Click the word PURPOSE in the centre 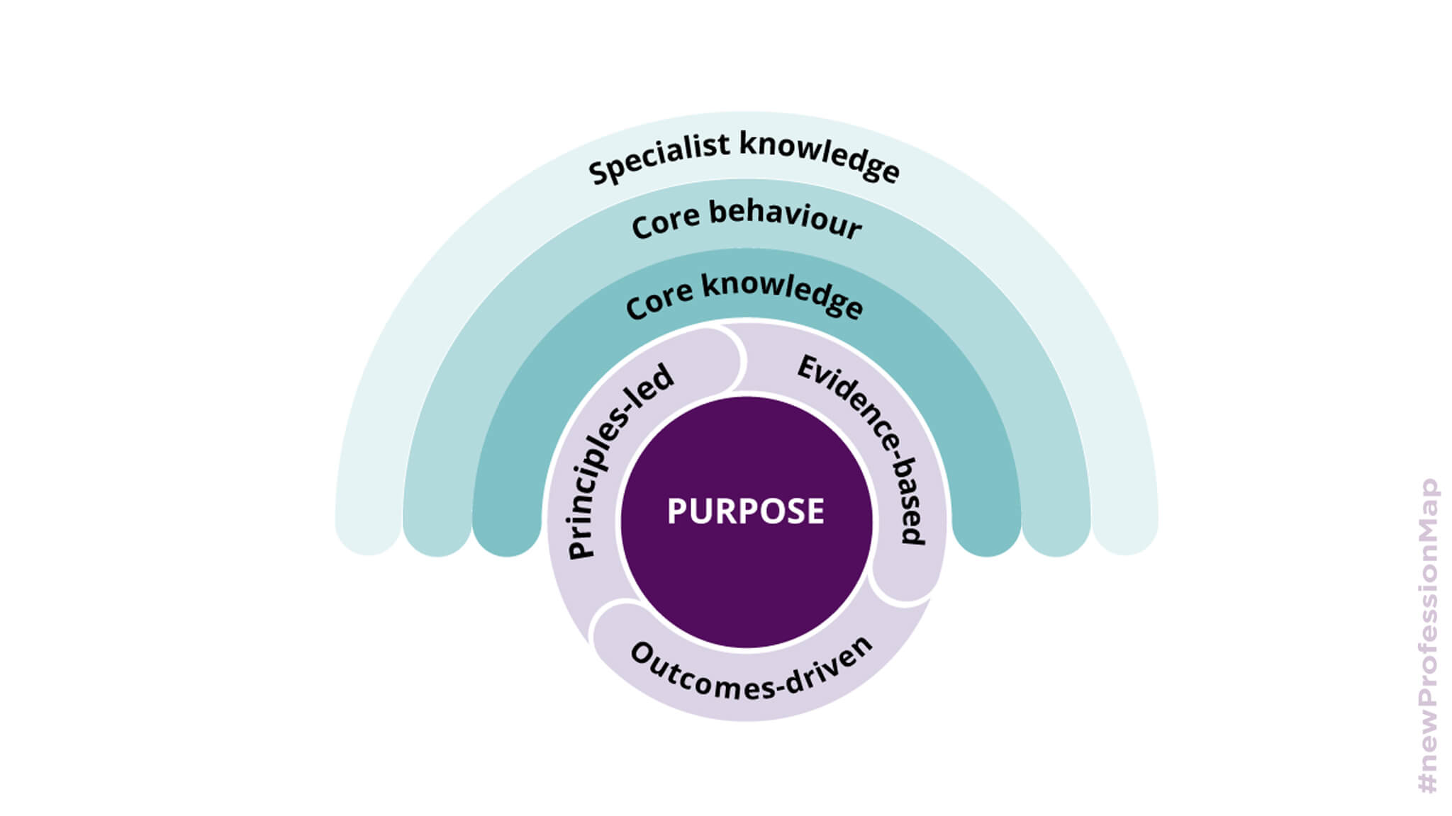(745, 511)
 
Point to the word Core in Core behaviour (664, 222)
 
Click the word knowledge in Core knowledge (783, 294)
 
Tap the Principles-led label (619, 461)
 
